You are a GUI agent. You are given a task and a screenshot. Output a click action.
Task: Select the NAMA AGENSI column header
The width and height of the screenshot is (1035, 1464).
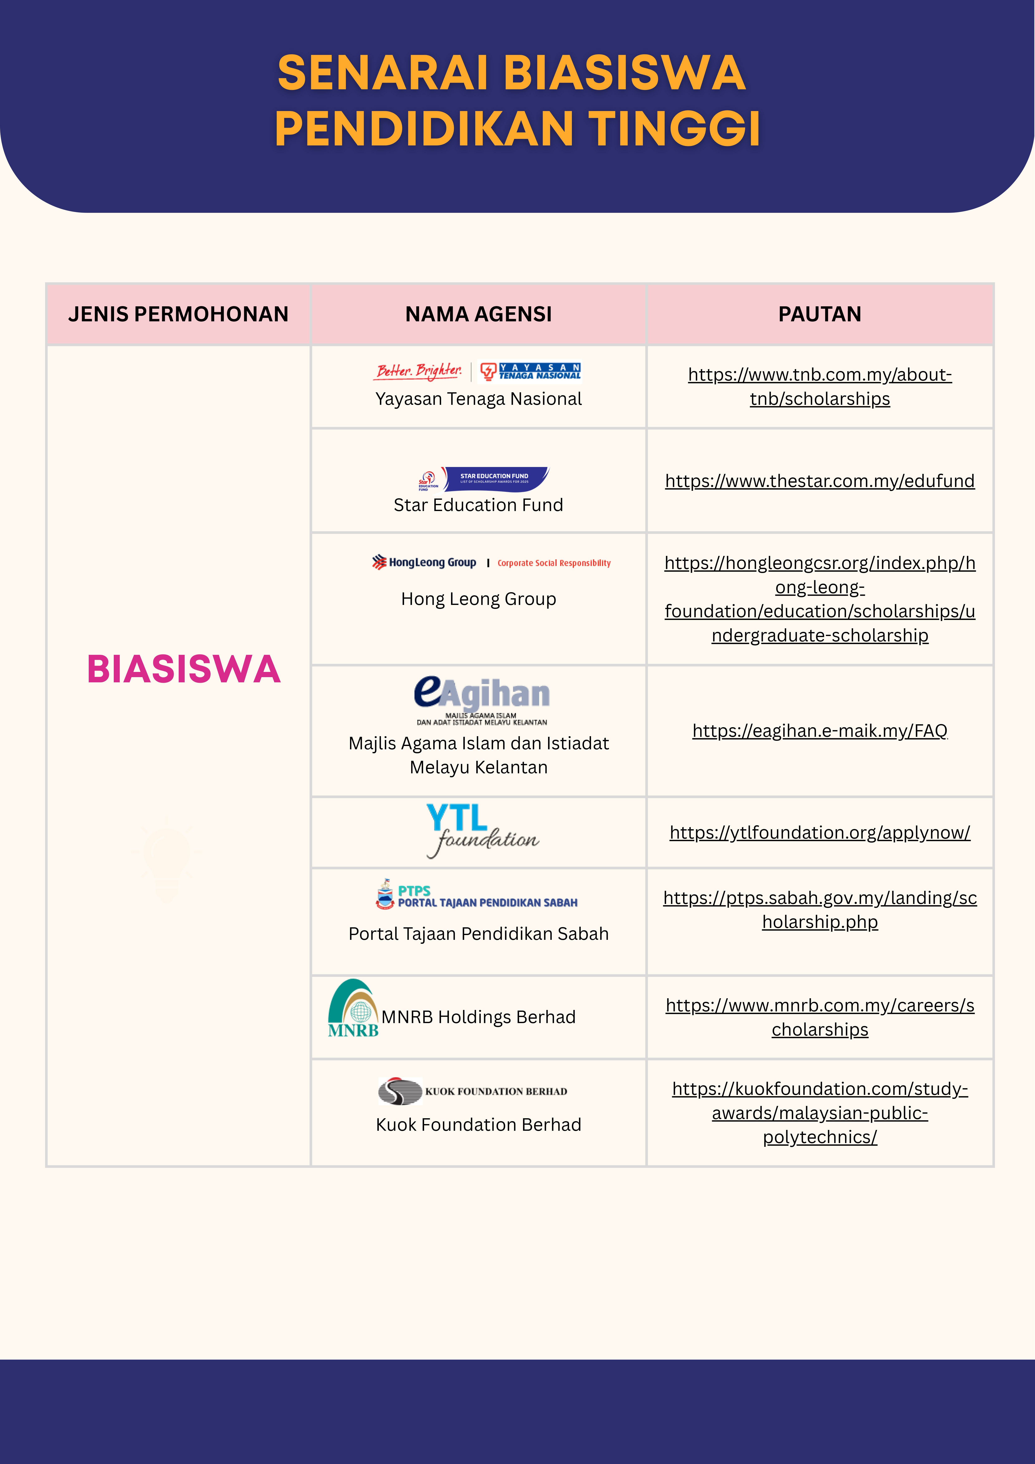point(478,314)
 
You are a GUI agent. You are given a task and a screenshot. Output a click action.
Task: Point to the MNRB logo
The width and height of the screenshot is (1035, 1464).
point(353,1008)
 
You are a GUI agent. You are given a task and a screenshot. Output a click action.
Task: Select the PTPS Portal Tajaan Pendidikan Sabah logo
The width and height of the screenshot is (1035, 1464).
point(477,894)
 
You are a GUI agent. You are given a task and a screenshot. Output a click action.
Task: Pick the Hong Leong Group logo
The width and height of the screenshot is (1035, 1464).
point(491,562)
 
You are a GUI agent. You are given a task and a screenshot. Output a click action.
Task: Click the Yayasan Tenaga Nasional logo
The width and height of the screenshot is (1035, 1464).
point(477,371)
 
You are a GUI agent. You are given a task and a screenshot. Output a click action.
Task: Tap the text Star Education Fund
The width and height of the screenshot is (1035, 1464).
point(478,505)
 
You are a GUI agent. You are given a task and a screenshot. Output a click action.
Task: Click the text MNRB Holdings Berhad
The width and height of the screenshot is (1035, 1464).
point(478,1017)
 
